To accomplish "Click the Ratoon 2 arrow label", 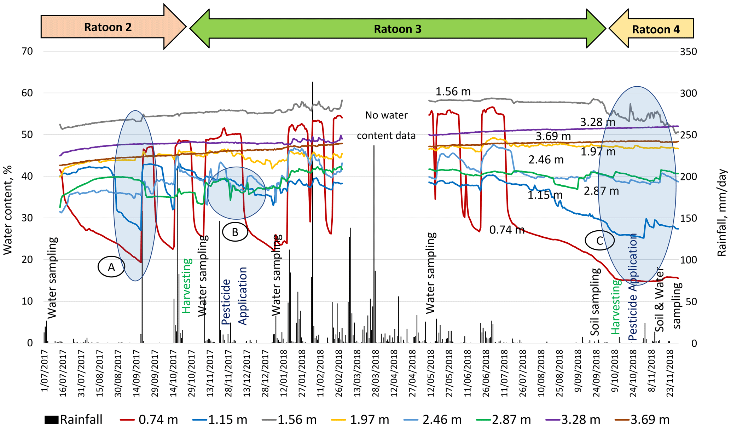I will click(x=108, y=27).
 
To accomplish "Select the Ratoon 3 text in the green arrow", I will click(x=398, y=29).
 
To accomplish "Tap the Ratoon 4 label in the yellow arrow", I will click(x=656, y=29).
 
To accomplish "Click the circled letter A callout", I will click(x=111, y=267).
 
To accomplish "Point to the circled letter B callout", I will click(x=235, y=232).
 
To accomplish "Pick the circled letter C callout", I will click(x=599, y=241).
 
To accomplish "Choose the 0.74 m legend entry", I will click(x=149, y=420).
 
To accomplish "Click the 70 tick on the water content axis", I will click(x=27, y=52).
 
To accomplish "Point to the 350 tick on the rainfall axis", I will click(x=688, y=52).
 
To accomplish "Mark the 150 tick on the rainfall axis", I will click(x=688, y=218).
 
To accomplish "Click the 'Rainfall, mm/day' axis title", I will click(x=721, y=212).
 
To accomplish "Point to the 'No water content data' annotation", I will click(x=386, y=125).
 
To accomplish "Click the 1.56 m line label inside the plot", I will click(x=453, y=92).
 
